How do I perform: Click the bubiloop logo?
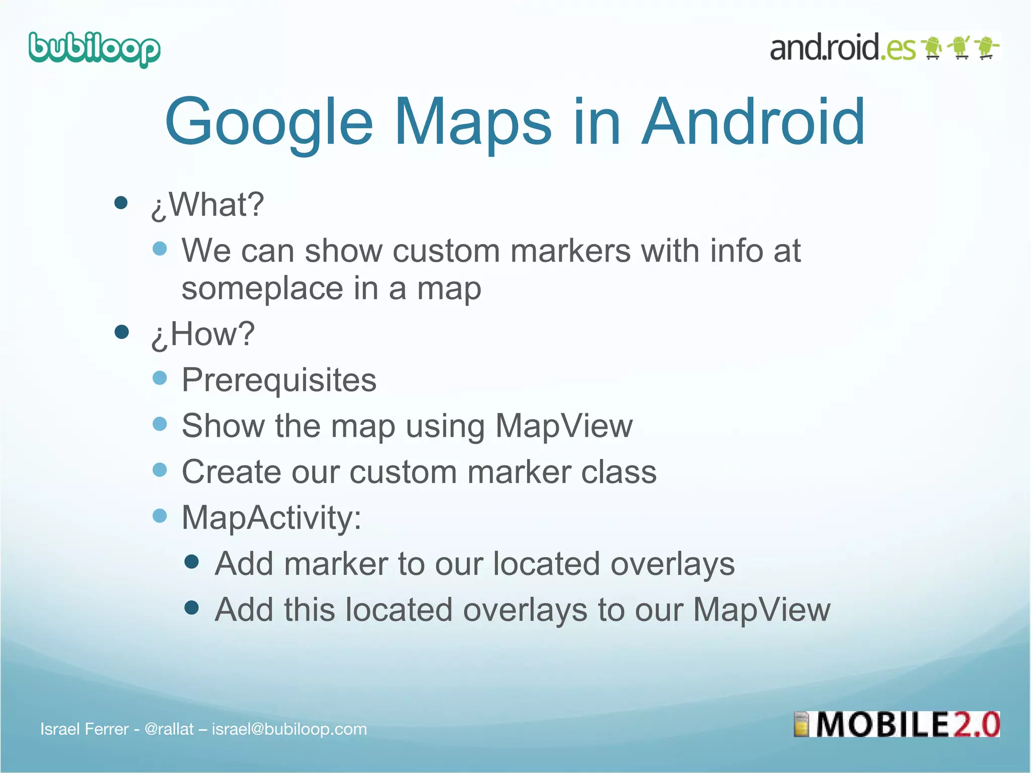tap(95, 49)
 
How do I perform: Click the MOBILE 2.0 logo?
tap(897, 724)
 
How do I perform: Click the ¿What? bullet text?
tap(207, 205)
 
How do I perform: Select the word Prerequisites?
tap(279, 380)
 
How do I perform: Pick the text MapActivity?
tap(271, 517)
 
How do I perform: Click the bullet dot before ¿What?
tap(121, 203)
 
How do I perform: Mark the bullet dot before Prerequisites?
tap(160, 378)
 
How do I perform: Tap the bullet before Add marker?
tap(191, 562)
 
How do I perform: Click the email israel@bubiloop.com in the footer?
tap(289, 729)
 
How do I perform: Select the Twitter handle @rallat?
tap(169, 729)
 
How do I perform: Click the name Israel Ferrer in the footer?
tap(85, 729)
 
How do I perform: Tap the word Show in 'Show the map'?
tap(223, 426)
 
